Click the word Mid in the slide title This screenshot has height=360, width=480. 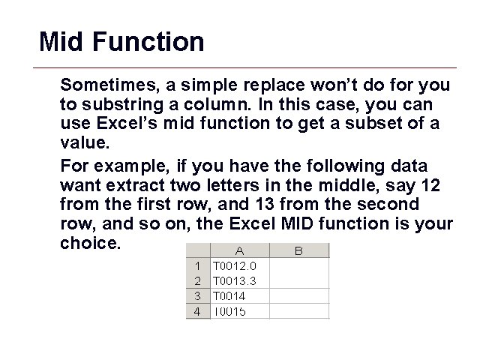click(61, 41)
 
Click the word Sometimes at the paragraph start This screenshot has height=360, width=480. click(103, 83)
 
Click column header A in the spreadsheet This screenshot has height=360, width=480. click(238, 251)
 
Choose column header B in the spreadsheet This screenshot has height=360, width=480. click(298, 251)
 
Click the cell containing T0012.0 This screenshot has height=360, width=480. click(238, 265)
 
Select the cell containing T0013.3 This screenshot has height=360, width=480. click(238, 280)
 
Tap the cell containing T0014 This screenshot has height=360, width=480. click(238, 295)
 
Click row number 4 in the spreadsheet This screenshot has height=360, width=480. click(197, 311)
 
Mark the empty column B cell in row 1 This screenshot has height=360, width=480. click(298, 265)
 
